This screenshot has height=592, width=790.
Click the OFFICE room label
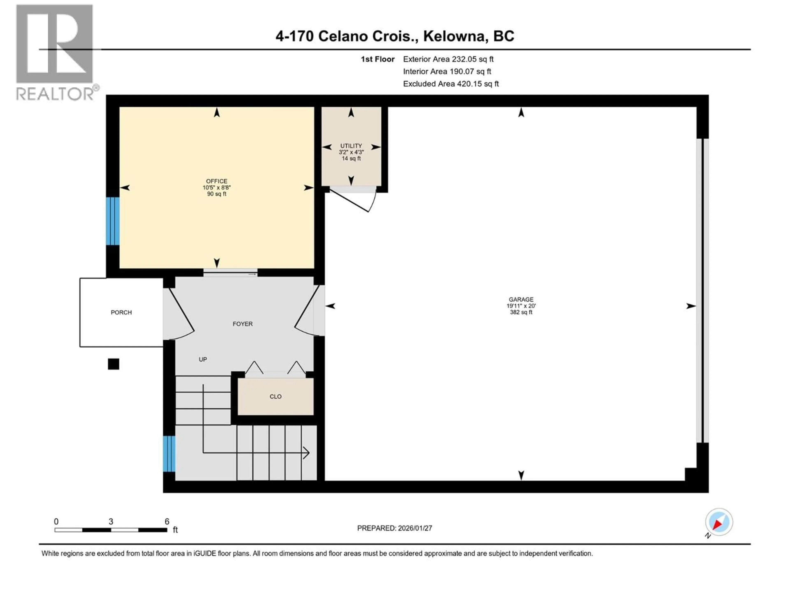tap(216, 181)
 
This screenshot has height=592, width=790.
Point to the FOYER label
tap(243, 324)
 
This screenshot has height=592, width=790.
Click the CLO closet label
tap(275, 397)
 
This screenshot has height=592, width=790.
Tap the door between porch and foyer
tap(180, 314)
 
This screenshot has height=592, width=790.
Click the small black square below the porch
tap(114, 364)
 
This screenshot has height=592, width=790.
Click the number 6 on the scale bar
tap(167, 521)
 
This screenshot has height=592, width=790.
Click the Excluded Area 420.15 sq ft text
tap(451, 84)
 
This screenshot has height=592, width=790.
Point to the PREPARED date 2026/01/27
tap(394, 528)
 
